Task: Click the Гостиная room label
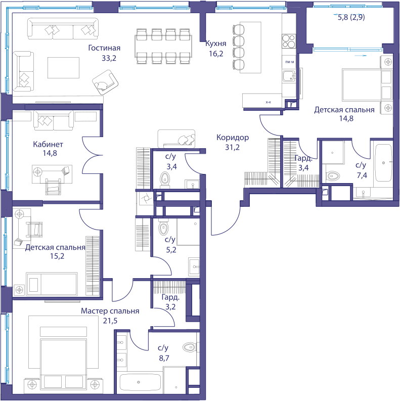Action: [x=104, y=48]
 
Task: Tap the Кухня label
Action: [x=216, y=43]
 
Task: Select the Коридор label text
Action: [x=233, y=138]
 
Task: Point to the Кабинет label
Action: [x=48, y=144]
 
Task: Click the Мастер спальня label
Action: [x=110, y=311]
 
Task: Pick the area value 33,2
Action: [x=109, y=58]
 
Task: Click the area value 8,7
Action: [x=164, y=358]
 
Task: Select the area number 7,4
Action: [x=362, y=175]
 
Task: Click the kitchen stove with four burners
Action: [x=289, y=41]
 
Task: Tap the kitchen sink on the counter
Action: [x=289, y=76]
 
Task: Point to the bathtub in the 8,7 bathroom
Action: [x=140, y=383]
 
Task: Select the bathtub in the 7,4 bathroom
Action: [x=383, y=163]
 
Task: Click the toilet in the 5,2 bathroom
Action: [x=163, y=227]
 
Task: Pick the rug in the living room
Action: [x=63, y=68]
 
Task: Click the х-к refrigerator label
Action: [x=269, y=102]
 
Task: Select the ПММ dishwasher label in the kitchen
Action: [x=290, y=62]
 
